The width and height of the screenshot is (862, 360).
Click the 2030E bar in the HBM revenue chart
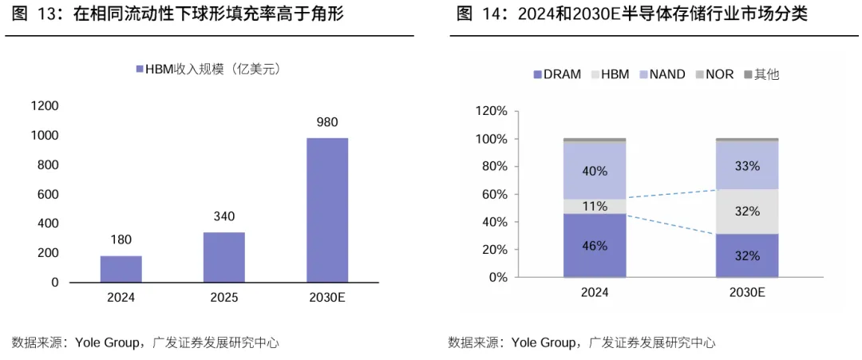[x=327, y=210]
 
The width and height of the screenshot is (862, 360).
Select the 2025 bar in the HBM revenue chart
[x=224, y=257]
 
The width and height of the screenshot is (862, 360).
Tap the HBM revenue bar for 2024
[x=121, y=269]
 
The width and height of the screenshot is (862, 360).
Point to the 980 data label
[x=327, y=122]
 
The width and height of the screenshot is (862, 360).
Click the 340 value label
[x=224, y=216]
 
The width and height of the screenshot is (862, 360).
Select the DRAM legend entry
[x=557, y=75]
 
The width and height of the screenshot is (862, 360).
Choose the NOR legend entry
[x=714, y=75]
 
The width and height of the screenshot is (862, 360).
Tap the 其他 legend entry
[x=762, y=75]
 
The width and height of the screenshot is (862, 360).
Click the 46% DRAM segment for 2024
[x=595, y=246]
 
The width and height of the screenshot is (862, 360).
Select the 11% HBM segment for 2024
[x=595, y=206]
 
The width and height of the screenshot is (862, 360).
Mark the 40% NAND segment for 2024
[x=595, y=170]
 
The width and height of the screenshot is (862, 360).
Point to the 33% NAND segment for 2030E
[x=746, y=165]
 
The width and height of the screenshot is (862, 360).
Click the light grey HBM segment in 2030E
[x=746, y=211]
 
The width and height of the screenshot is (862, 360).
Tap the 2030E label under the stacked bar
[x=746, y=293]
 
